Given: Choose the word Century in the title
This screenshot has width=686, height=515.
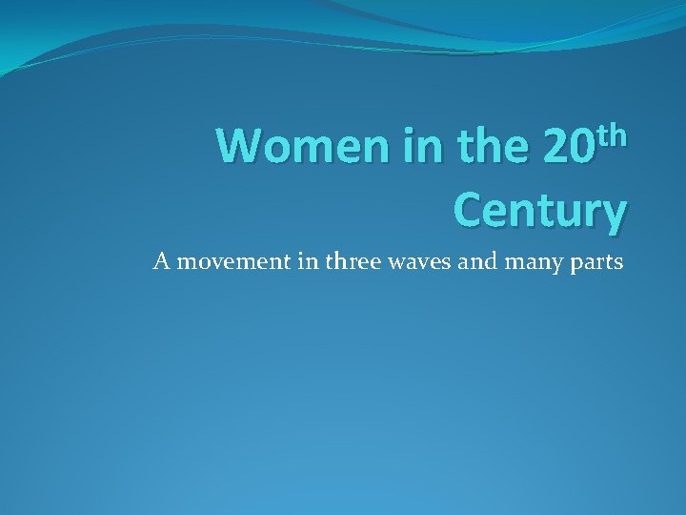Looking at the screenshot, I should coord(539,209).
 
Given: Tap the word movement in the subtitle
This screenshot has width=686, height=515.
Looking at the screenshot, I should coord(221,261).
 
